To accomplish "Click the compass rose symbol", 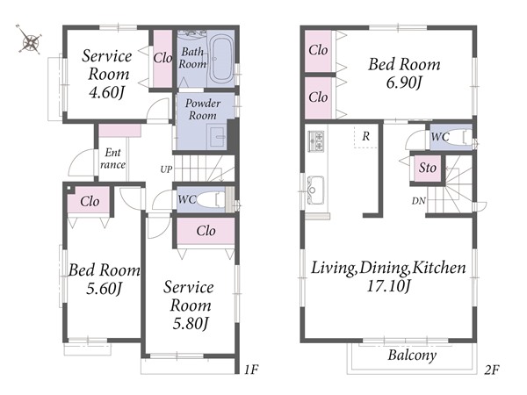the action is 30,39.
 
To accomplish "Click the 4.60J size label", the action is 107,92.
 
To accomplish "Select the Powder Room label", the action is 203,109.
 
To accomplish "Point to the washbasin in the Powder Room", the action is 217,136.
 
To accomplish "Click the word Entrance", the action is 112,158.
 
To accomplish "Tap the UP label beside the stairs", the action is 166,169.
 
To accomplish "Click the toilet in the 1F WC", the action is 211,200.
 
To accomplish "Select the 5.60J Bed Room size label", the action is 104,289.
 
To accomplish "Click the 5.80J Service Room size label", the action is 191,324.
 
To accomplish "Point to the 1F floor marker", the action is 250,370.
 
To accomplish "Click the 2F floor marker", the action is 491,370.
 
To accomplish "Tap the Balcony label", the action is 412,355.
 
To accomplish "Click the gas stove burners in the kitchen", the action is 316,141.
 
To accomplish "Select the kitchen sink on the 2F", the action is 315,190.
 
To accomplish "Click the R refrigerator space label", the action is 365,136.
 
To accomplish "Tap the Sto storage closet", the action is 427,168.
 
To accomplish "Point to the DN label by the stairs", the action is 419,201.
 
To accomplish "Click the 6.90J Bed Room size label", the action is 404,83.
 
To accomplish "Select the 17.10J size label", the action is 388,286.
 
